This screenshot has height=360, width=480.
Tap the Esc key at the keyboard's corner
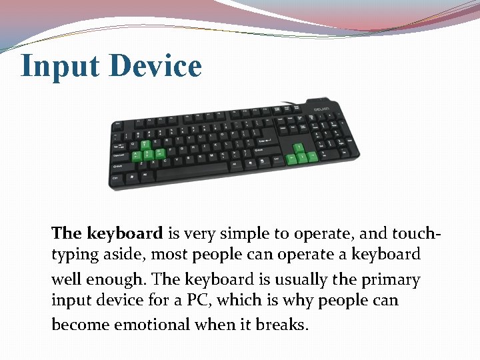pos(118,124)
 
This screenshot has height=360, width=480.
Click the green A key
pos(137,155)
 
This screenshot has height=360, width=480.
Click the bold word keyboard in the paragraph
pos(123,233)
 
